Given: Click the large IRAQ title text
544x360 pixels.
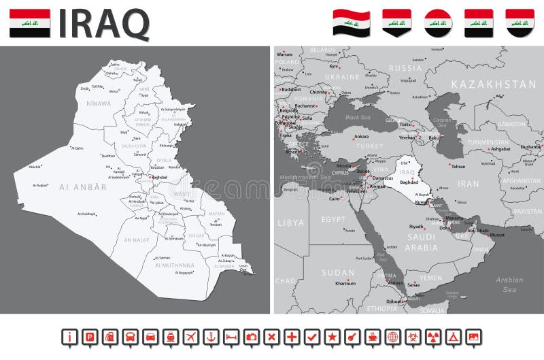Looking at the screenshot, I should coord(104,24).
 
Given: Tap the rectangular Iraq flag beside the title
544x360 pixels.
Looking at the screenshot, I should coord(29,23).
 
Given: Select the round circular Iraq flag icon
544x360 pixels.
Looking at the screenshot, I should coord(438,22).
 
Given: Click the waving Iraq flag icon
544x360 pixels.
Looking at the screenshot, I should coord(351,22).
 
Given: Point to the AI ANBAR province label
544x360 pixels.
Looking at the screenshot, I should coord(83,186).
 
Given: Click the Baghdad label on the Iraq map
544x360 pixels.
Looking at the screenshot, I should coord(158,177).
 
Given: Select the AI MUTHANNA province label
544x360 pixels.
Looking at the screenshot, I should coord(175,265).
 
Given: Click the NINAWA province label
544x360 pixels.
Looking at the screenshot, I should coord(99,103).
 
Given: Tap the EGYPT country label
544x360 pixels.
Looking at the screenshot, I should coord(334,219).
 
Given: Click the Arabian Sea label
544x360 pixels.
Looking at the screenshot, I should coord(509,284).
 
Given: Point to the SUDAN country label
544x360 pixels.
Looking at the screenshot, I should coord(338,272).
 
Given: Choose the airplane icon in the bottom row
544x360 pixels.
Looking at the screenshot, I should coord(191,336).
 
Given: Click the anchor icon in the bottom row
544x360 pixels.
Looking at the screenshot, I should coord(211,336).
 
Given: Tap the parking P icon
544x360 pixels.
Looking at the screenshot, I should coord(89,336).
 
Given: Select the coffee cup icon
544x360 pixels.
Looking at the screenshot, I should coord(373,336).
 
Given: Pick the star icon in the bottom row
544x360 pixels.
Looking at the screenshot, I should coord(333,336).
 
